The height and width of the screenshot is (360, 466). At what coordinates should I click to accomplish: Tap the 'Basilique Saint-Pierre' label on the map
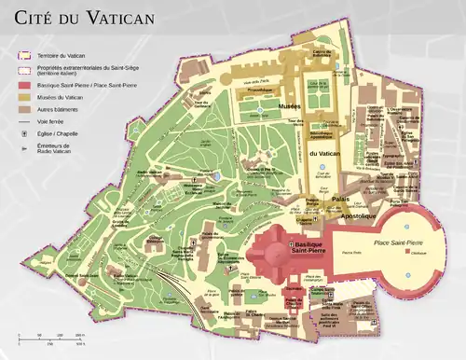pos(308,247)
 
